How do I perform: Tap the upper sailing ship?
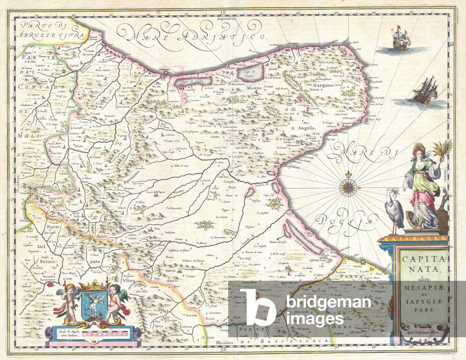400,40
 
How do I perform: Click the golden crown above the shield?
94,286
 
